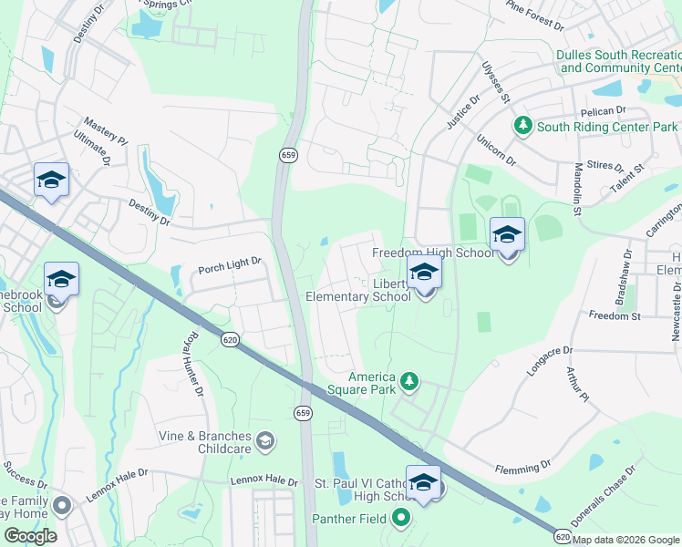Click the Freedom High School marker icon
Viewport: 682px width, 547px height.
(x=507, y=236)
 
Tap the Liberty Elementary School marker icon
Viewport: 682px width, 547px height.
(x=424, y=273)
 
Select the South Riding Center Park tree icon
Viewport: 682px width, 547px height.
(x=523, y=125)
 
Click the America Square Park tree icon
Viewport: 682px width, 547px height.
(x=409, y=380)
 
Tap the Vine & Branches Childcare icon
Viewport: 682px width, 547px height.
(x=265, y=441)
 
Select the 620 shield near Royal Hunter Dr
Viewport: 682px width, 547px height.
(x=231, y=339)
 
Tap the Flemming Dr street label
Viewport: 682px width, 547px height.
(x=522, y=467)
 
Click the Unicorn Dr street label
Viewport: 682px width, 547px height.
(x=496, y=150)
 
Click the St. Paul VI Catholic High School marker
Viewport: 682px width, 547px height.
(x=424, y=483)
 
